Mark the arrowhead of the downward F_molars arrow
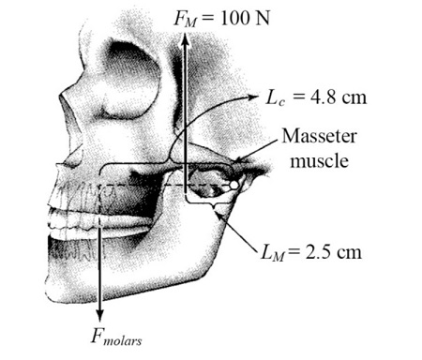[99, 313]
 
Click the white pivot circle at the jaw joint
[234, 186]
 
